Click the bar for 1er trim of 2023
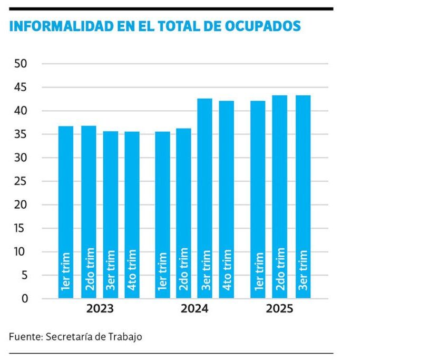click(x=66, y=211)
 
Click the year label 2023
click(x=100, y=309)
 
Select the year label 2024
click(x=194, y=309)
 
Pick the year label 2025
click(x=279, y=309)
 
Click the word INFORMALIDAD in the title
click(x=54, y=26)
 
